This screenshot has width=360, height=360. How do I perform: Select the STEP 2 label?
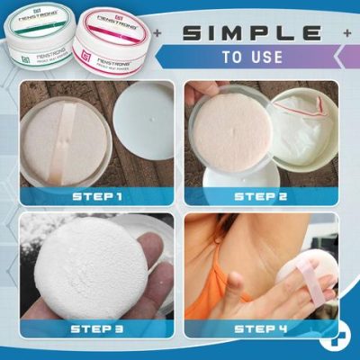click(x=262, y=194)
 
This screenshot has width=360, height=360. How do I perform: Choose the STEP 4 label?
click(x=262, y=328)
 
